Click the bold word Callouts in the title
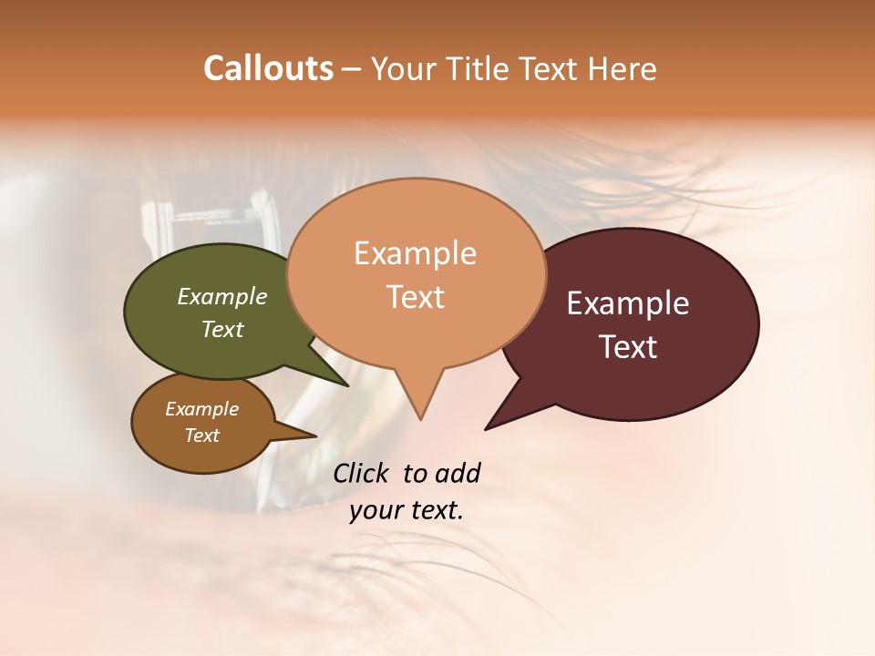[x=268, y=68]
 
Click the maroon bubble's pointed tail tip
[x=487, y=428]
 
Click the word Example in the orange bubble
[x=415, y=253]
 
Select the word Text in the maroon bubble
[x=629, y=347]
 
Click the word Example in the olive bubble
[x=221, y=297]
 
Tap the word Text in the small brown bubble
[x=202, y=436]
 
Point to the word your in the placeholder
[x=376, y=511]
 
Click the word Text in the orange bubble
[x=416, y=297]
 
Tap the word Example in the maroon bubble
[x=628, y=303]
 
